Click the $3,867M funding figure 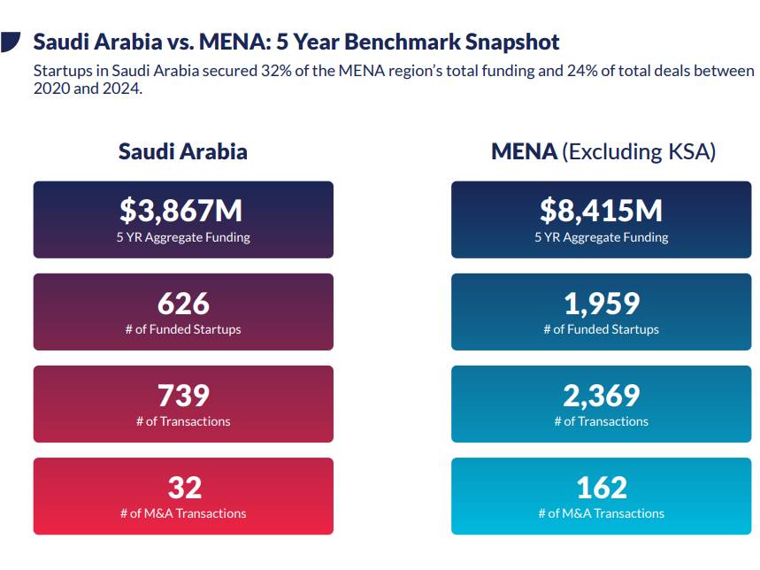[182, 211]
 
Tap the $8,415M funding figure [601, 211]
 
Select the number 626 [183, 304]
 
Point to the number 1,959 [601, 304]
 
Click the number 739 [183, 396]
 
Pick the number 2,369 [601, 396]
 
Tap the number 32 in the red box [184, 488]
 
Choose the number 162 [601, 488]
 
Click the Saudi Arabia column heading [183, 151]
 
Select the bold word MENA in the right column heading [524, 151]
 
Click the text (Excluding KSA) [639, 151]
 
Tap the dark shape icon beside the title [12, 42]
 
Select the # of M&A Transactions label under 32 [183, 513]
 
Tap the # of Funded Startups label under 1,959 [601, 329]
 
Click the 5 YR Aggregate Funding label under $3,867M [183, 237]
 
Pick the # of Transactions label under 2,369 [601, 421]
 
